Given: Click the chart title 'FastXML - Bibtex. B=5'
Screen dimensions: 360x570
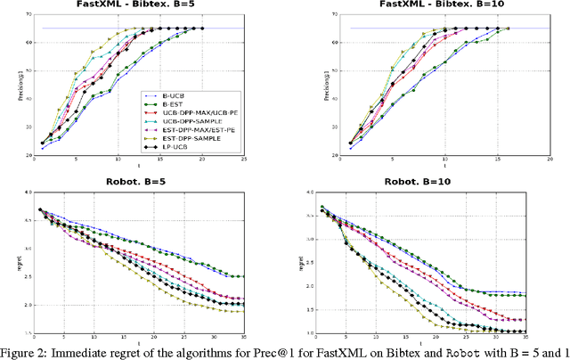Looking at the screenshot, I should [x=142, y=5].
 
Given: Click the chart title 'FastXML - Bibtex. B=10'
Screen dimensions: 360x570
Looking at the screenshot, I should [x=431, y=5].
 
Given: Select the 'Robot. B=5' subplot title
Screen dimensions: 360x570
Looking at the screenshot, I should [x=142, y=181].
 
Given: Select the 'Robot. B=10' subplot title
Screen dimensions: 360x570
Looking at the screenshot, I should [x=431, y=181].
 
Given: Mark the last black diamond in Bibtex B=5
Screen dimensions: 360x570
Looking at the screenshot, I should [x=202, y=29].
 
